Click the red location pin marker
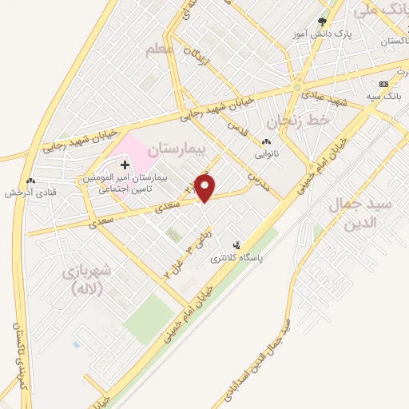tap(206, 187)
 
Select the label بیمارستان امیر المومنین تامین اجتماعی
tap(124, 185)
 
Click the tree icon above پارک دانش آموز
tap(322, 22)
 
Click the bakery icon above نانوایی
tap(266, 142)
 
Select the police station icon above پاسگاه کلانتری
tap(236, 245)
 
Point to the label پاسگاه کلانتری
tap(236, 258)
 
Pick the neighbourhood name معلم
tap(160, 50)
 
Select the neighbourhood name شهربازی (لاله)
tap(89, 280)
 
